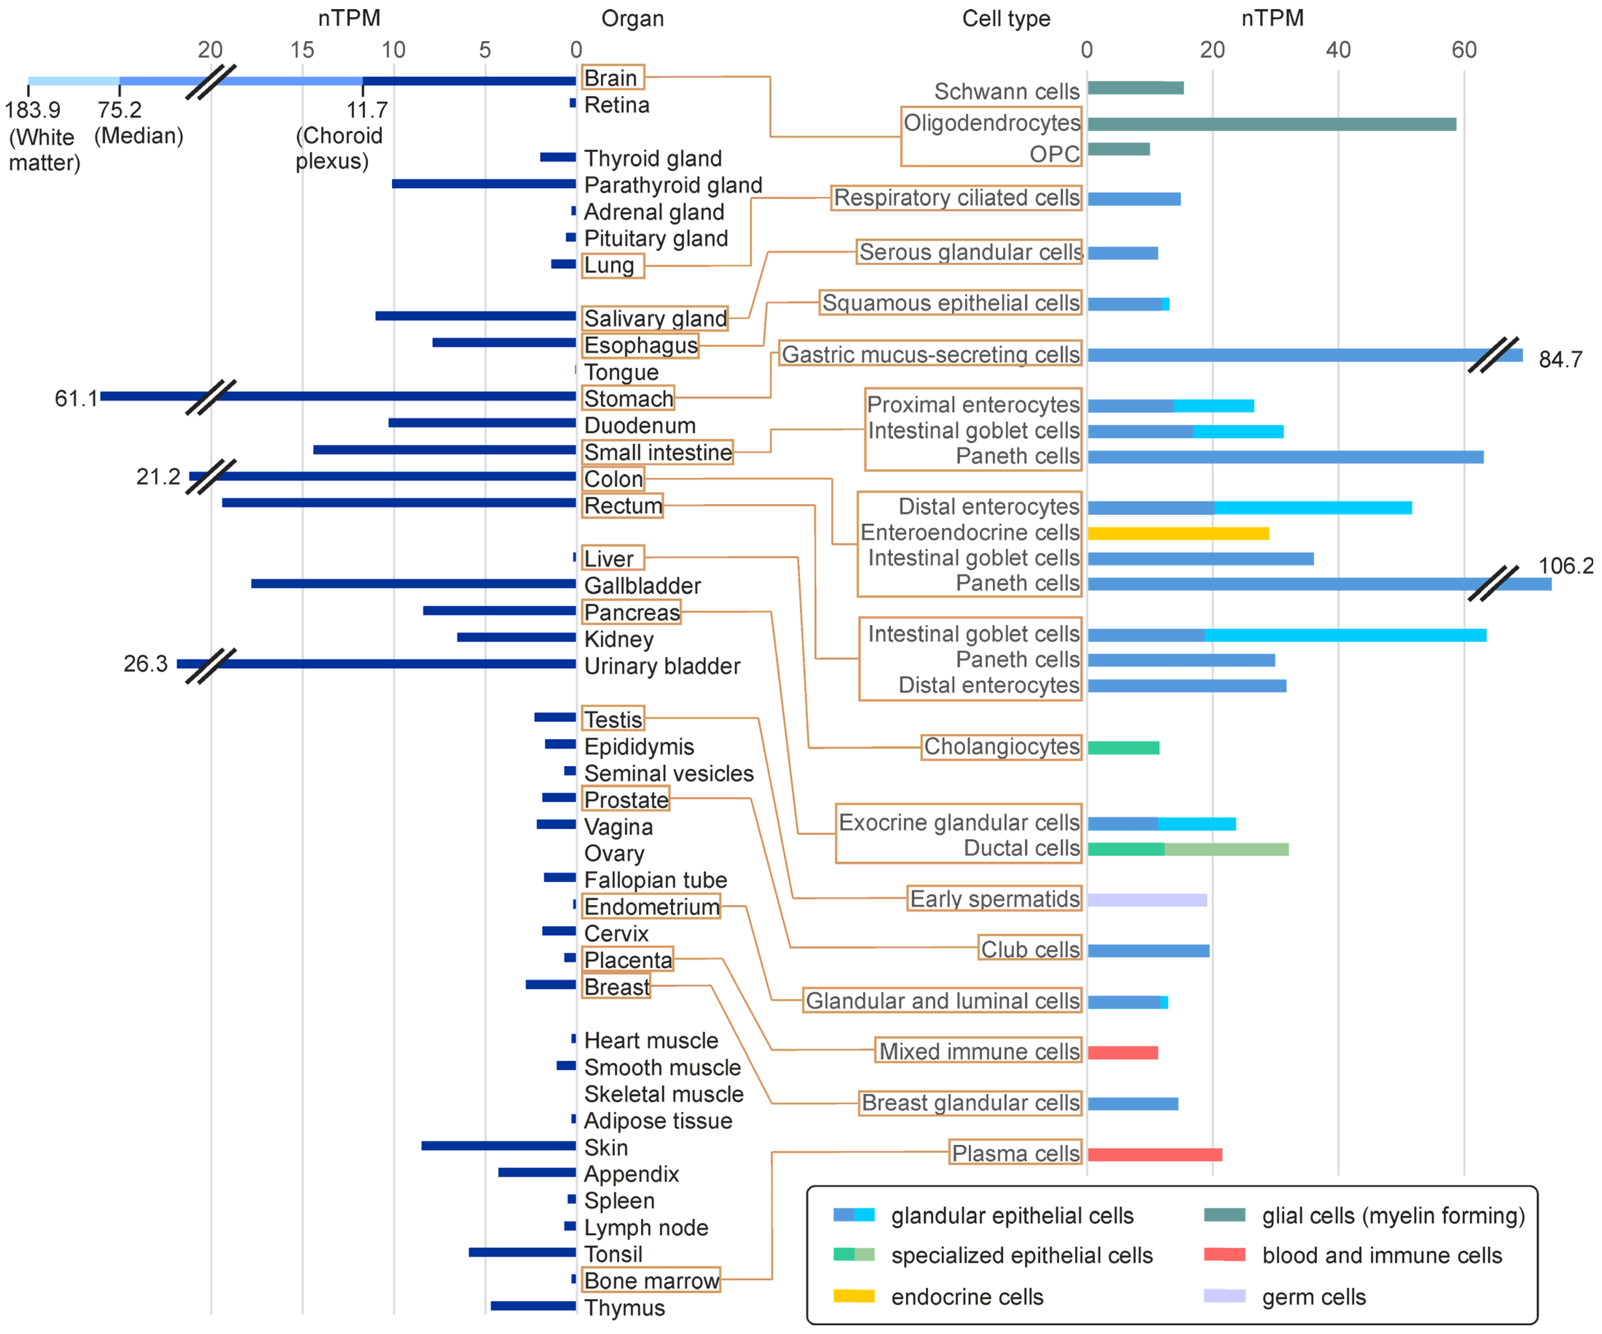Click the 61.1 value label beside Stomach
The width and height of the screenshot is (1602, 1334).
point(76,398)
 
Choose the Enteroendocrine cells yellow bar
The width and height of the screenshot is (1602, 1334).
point(1178,533)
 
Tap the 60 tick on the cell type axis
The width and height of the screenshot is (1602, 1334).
point(1463,50)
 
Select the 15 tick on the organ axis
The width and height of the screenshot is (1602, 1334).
point(302,50)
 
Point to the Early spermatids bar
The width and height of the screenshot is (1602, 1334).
point(1147,900)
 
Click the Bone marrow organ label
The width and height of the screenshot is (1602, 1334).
point(651,1281)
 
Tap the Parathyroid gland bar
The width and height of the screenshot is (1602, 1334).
point(484,184)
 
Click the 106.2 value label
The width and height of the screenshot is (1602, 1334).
point(1565,566)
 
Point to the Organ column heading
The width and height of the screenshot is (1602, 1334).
point(633,18)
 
